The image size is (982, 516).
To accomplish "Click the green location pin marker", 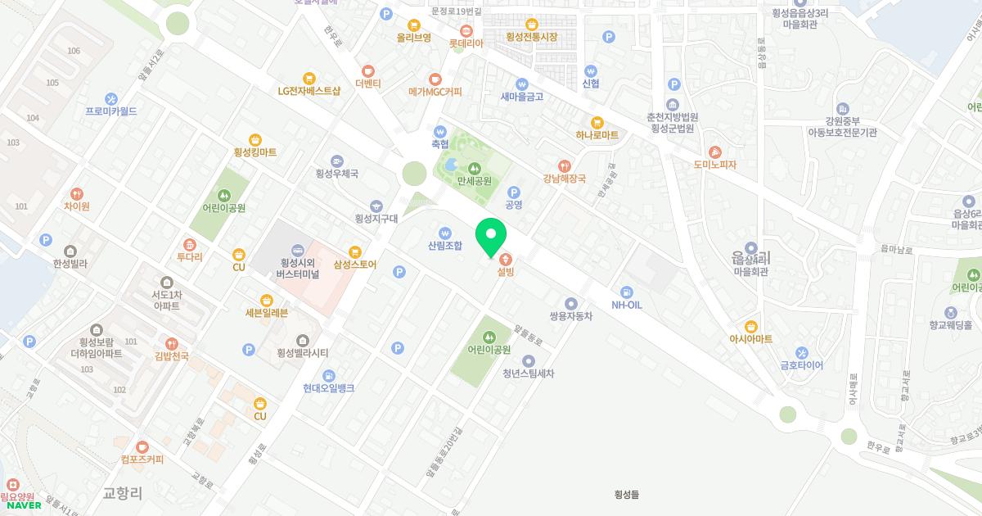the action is point(491,238).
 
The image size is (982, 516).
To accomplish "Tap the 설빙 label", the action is point(505,272).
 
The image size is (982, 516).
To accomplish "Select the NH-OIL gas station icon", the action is point(627,292).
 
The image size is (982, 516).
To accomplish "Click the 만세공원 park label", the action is point(474,181).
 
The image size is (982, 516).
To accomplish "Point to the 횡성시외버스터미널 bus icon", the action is point(297,250).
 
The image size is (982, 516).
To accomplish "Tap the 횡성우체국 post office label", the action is point(336,174).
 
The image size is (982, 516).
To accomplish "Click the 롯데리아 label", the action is point(466,43).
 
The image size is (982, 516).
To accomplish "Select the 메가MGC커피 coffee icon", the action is point(435,79).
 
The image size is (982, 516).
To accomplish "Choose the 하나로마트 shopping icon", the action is point(597,122).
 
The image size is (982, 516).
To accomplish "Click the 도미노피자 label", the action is point(714,165).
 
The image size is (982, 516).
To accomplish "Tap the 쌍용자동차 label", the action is point(570,316).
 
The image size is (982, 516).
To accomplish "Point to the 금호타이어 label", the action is point(801,365).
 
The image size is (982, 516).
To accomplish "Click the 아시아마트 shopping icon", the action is point(751,326).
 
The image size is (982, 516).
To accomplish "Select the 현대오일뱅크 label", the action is point(328,388).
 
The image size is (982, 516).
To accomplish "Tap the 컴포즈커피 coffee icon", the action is point(142,447).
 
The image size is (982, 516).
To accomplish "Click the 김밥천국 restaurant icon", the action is point(172,343).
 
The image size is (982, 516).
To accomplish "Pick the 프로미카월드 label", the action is point(111,111).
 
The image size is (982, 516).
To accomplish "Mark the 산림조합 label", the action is point(445,245).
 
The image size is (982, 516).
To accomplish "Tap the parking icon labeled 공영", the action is point(514,192).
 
